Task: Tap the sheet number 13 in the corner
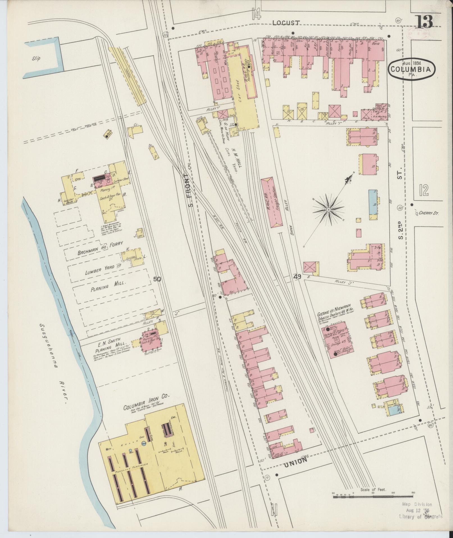coord(424,21)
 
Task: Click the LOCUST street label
coord(286,23)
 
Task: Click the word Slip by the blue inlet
coord(36,58)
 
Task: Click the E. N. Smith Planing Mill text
coord(105,346)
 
